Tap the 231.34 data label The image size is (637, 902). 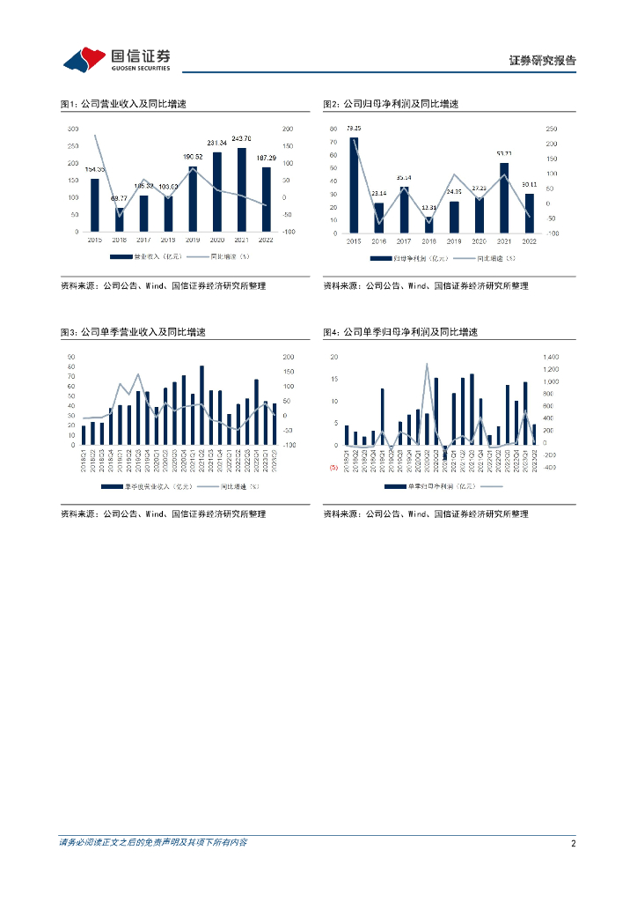217,143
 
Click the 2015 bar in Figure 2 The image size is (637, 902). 354,185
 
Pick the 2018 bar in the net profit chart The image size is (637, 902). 429,225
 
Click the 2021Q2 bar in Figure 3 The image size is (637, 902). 201,405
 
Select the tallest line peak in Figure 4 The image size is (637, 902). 427,363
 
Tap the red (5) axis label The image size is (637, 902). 333,468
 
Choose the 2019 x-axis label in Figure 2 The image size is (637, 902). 454,240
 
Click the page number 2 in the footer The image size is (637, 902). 573,843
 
